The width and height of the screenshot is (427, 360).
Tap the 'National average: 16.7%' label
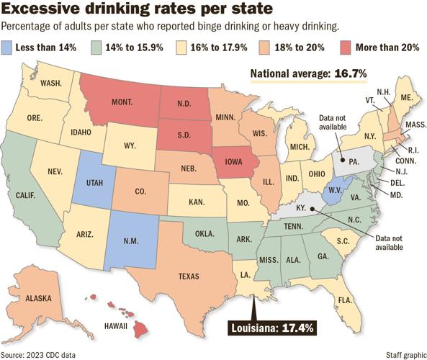tap(309, 73)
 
